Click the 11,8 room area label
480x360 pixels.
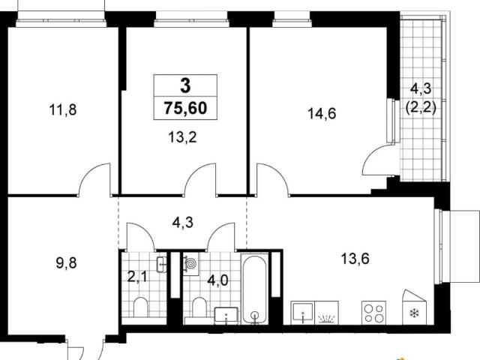click(63, 109)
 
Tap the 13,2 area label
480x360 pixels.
click(182, 137)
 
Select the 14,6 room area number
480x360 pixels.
click(322, 113)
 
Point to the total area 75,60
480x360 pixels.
click(185, 108)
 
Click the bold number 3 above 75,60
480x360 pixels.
click(185, 85)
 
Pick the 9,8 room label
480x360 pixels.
click(66, 263)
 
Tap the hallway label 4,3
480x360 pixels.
click(182, 223)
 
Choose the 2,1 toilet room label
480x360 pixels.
click(136, 277)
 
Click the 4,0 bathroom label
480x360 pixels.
click(217, 280)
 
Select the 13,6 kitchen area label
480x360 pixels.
click(355, 259)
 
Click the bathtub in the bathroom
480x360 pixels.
click(255, 289)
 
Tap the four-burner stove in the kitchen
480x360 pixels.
click(373, 313)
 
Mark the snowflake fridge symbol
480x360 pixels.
click(414, 313)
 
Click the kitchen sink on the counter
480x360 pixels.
click(303, 312)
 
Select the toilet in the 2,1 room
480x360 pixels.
click(141, 307)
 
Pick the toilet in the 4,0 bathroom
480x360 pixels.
click(199, 307)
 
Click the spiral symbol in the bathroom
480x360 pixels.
click(191, 263)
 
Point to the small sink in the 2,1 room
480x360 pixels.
click(162, 264)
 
